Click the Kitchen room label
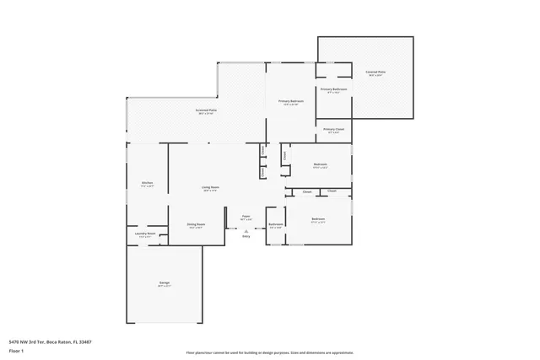[147, 183]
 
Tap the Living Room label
[210, 186]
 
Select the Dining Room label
[197, 223]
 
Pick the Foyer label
[246, 216]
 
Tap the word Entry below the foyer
[246, 236]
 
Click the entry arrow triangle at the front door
[246, 230]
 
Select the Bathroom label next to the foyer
[276, 224]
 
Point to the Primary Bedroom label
[291, 101]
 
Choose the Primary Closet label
[333, 129]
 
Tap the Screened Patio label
[206, 110]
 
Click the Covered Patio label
[375, 73]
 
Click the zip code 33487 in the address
[84, 341]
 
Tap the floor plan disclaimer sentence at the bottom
[269, 352]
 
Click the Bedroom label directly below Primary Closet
[320, 164]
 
